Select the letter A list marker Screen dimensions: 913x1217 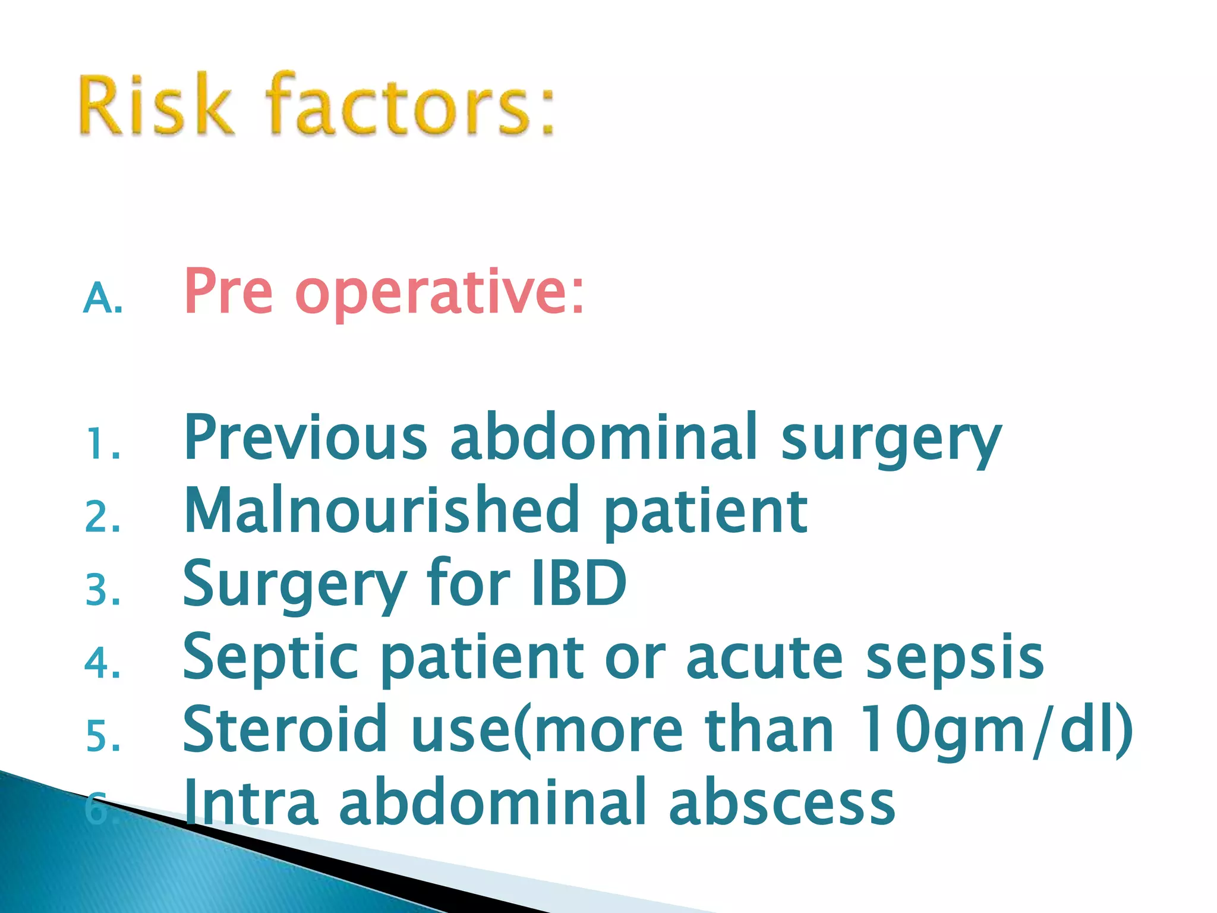click(x=103, y=298)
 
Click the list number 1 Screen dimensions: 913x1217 click(x=103, y=445)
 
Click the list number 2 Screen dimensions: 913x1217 click(x=103, y=517)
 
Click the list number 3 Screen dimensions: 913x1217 click(x=103, y=591)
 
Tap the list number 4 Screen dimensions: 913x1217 click(x=103, y=663)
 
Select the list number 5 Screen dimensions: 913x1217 click(x=103, y=736)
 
